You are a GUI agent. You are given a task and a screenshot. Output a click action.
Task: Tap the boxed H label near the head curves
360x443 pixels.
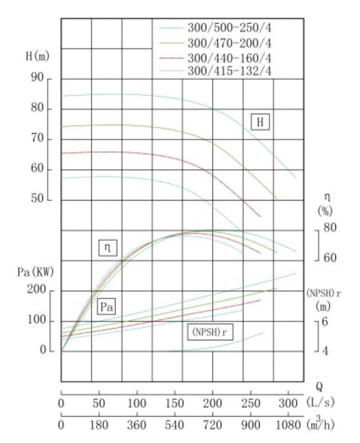[x=260, y=122]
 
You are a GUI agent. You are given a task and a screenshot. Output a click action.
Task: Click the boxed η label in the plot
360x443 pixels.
[x=107, y=249]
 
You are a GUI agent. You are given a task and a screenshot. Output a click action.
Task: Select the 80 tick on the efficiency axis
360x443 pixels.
[x=330, y=228]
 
